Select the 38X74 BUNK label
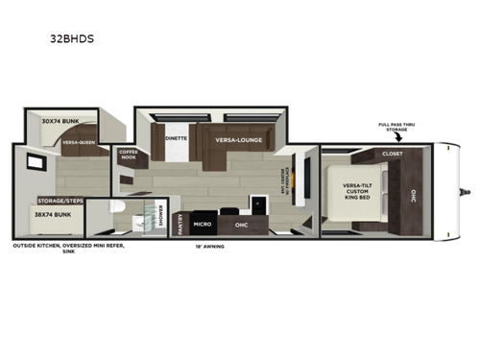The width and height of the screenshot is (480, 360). pos(55,216)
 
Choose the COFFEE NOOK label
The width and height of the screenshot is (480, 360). pos(129,155)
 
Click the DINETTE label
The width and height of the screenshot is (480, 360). pos(176,138)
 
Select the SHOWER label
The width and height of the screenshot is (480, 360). pos(161,220)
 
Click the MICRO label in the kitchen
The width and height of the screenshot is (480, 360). pos(202,223)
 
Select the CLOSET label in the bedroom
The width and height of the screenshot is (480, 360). pos(393,153)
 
